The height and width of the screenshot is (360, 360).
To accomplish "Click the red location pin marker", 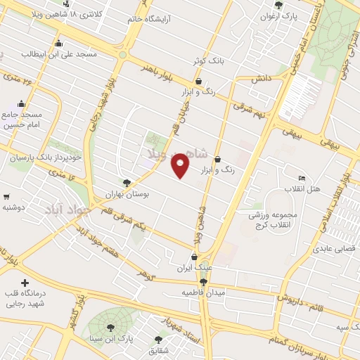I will click(x=180, y=166).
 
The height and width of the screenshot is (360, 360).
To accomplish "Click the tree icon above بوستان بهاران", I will click(x=127, y=182).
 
